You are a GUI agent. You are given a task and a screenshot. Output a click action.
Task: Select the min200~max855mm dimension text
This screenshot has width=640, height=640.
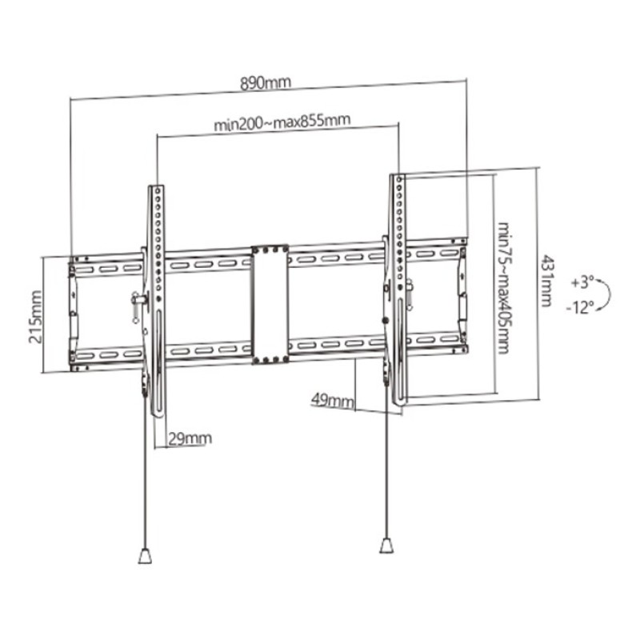coord(282,122)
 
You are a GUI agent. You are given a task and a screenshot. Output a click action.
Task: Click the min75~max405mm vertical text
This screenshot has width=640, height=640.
coord(503,288)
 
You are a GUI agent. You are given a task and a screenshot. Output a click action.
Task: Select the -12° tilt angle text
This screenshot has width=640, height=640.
coord(582,308)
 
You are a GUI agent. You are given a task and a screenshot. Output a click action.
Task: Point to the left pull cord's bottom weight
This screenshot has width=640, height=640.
coord(145,555)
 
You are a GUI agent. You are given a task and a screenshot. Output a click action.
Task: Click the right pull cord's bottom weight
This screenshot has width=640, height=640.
coord(386,546)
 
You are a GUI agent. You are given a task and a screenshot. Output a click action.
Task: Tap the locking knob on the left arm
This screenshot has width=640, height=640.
coord(137,300)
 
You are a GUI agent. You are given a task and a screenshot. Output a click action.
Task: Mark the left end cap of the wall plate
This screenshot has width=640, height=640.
coord(74,313)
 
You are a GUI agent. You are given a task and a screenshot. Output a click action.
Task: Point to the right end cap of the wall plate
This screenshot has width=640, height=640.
coord(462,296)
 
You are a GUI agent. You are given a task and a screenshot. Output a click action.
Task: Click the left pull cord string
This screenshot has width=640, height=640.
coord(146,480)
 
